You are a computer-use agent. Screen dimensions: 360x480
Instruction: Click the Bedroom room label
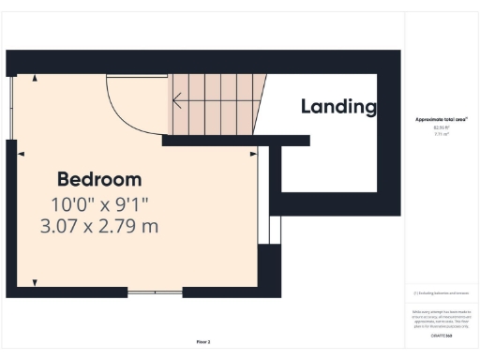tap(99, 179)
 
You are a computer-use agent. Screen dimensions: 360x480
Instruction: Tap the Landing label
tap(337, 106)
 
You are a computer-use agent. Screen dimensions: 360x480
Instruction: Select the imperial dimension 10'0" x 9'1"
tap(99, 203)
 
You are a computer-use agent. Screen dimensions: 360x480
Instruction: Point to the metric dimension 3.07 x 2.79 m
tap(99, 226)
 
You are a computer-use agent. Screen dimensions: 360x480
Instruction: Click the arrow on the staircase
tap(175, 97)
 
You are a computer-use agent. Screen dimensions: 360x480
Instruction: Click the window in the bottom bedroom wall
tap(155, 293)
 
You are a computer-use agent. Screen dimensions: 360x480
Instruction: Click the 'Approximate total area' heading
tap(441, 120)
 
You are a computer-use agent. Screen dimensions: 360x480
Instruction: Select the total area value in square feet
tap(441, 127)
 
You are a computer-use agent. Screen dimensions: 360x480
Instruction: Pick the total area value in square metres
tap(441, 134)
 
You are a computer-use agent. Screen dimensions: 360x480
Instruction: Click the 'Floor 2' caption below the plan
tap(202, 341)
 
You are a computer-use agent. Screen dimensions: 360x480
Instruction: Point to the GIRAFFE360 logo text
tap(441, 335)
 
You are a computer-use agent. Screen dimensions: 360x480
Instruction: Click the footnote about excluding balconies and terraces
tap(441, 294)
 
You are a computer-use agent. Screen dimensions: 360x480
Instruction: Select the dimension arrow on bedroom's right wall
tap(252, 152)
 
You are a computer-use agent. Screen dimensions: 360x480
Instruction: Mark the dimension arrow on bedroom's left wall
tap(21, 152)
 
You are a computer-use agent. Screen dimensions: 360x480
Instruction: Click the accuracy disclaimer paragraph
tap(441, 316)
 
